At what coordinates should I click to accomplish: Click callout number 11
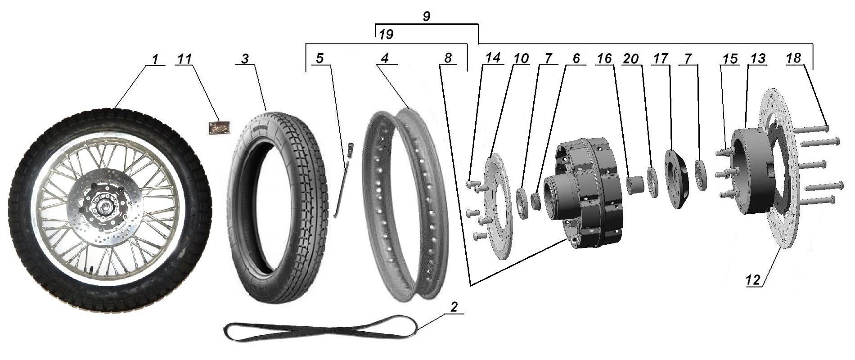click(x=184, y=59)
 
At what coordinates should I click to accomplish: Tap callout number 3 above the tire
click(x=245, y=59)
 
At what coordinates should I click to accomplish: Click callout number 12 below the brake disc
click(x=753, y=280)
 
